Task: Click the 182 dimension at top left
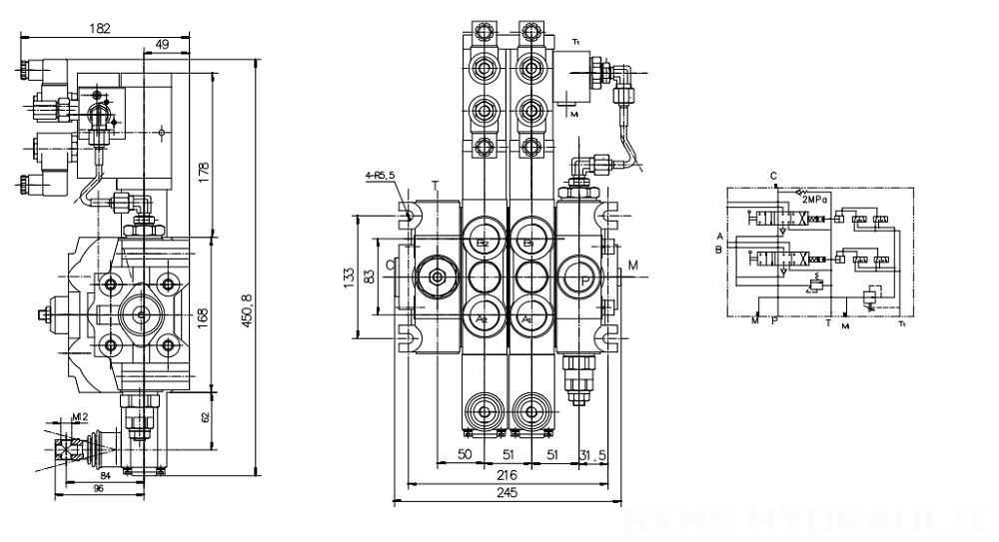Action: pos(100,29)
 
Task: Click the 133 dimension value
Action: pos(347,274)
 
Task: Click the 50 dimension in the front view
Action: pos(465,457)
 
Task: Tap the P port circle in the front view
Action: pos(581,276)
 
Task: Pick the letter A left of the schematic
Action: pos(718,236)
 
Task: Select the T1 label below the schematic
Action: pos(902,323)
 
